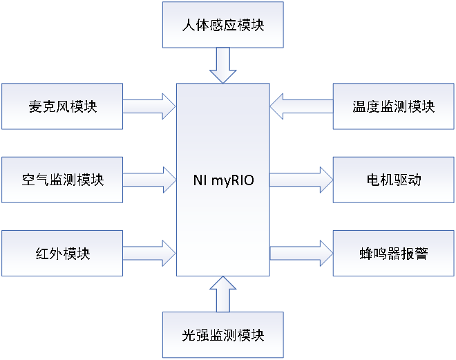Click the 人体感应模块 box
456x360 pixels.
pos(222,25)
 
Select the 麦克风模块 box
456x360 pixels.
pos(62,106)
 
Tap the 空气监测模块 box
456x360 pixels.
pos(62,180)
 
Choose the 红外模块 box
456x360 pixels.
pos(62,254)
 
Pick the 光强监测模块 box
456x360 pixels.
pos(222,335)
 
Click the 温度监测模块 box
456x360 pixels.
pos(393,106)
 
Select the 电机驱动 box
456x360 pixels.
pos(393,180)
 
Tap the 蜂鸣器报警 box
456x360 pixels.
pos(393,254)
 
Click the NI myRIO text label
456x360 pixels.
pos(222,181)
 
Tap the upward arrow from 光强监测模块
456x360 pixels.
pos(222,294)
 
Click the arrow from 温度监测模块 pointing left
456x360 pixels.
pos(301,106)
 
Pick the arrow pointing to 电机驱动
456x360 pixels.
pos(301,180)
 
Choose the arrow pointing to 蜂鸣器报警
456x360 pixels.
pos(301,254)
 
